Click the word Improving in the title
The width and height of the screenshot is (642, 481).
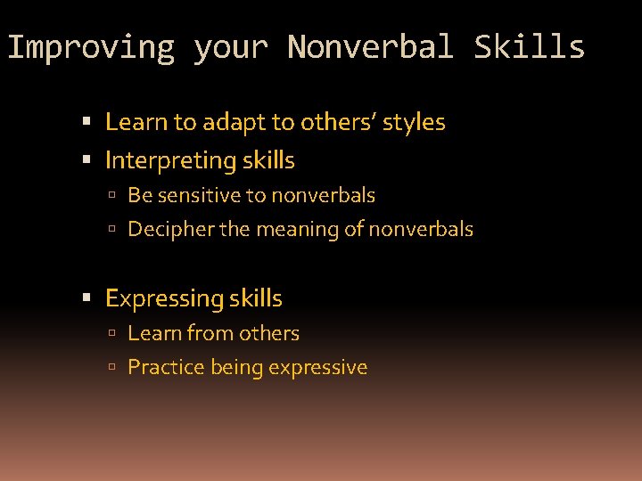click(x=91, y=47)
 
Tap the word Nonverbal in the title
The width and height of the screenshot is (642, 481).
click(x=371, y=47)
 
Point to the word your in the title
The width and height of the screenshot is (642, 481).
click(x=231, y=47)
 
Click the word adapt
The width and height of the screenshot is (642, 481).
click(x=226, y=122)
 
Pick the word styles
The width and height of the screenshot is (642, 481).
click(x=414, y=122)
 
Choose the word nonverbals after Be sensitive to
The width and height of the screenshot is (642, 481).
click(x=323, y=195)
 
